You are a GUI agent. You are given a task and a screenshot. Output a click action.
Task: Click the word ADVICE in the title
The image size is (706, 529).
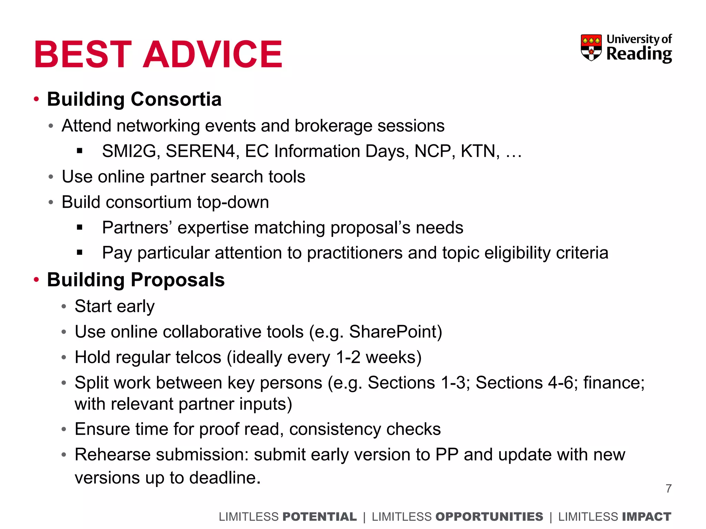pos(212,54)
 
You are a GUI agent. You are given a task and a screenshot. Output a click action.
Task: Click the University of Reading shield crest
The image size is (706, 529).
pos(591,48)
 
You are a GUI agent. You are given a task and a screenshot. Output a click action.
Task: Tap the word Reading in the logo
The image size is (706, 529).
pos(639,54)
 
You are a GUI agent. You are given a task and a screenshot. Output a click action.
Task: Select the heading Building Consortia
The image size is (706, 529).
pos(134,99)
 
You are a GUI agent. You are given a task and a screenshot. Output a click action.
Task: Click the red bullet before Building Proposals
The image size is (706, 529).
pos(37,280)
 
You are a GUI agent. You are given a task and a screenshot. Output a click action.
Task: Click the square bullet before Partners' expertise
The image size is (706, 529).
pos(80,227)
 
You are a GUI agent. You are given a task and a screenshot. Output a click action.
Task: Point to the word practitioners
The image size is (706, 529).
pos(354,253)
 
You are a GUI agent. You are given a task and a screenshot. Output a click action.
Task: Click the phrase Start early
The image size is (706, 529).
pos(114,306)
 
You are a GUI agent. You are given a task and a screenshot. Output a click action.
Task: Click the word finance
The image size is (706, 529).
pos(614,383)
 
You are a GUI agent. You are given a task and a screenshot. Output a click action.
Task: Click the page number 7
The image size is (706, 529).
pos(668,488)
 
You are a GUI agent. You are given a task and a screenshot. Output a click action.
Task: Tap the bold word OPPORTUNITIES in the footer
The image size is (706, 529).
pos(489,517)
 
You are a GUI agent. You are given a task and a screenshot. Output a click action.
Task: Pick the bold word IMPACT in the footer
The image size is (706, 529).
pos(647,517)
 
